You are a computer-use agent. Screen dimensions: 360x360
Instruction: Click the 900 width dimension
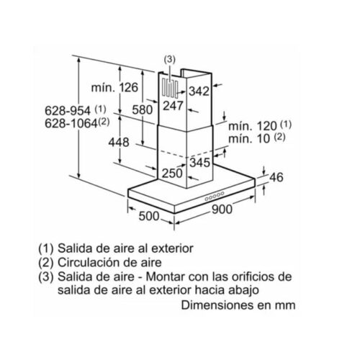222,210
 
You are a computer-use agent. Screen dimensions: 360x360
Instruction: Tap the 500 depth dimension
149,216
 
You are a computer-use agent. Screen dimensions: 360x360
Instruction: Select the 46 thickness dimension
276,177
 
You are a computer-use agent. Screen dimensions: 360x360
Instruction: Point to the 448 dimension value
119,142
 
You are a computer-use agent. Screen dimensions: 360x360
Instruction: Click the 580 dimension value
143,110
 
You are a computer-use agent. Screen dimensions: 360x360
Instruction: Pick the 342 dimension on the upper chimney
199,91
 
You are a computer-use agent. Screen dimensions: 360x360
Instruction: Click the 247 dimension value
173,106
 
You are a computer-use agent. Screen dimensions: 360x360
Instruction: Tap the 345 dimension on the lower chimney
200,163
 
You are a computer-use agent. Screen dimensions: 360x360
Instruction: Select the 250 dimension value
172,174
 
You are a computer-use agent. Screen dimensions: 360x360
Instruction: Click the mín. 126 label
114,88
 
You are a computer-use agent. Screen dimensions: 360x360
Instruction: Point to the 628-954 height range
68,111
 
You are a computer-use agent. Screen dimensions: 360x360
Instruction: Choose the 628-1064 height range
71,124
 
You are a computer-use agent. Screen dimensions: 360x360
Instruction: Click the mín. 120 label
253,126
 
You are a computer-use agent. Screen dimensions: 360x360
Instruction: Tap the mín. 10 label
249,139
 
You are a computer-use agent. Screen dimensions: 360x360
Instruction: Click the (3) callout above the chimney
170,59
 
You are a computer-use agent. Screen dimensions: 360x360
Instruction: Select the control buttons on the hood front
215,196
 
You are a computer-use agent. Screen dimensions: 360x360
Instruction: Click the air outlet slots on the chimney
170,89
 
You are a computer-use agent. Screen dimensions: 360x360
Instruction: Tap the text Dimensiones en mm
238,305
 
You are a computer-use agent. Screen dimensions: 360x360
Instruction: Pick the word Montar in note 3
165,276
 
